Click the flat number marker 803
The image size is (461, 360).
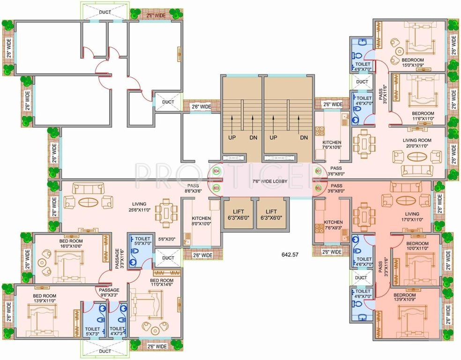point(216,188)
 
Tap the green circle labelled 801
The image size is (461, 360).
point(319,172)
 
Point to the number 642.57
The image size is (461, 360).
point(290,255)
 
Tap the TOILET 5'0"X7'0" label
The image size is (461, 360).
point(140,240)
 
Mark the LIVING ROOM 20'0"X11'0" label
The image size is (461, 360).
point(417,143)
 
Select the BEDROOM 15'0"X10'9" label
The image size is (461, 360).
point(412,63)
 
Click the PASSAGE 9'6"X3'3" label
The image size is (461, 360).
point(108,292)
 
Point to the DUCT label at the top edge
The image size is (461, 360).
point(105,12)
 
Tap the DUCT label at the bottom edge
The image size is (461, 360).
point(105,351)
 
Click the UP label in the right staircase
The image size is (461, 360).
point(274,138)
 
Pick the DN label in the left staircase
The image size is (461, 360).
point(253,138)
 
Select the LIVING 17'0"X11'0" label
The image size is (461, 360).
point(413,216)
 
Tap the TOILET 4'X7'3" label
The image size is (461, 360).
point(118,331)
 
